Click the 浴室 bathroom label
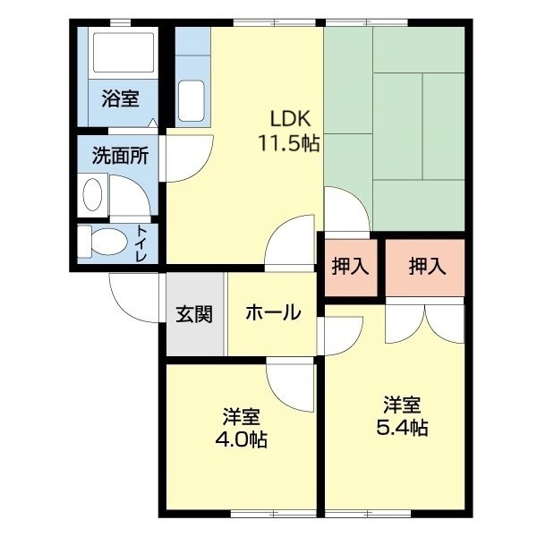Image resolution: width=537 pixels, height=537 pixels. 119,98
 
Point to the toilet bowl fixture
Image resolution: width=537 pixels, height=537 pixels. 101,242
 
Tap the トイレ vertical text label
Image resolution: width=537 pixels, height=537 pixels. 142,243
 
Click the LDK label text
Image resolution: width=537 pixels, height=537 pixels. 290,118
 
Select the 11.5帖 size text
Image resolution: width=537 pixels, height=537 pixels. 290,142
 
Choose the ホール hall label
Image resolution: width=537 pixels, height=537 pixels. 272,313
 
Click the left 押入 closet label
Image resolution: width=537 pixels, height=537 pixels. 350,266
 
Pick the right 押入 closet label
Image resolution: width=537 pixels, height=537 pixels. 426,266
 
